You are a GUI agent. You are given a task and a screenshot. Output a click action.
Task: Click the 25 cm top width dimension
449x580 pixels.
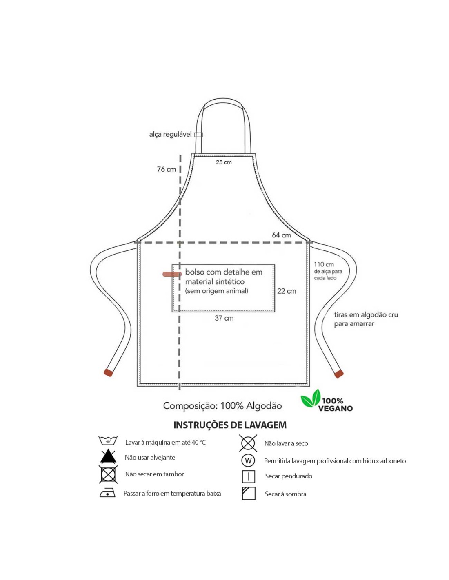224,162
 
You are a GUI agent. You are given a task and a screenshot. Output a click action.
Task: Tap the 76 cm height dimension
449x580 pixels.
166,169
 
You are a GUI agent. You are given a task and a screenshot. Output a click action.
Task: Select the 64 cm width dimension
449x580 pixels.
281,235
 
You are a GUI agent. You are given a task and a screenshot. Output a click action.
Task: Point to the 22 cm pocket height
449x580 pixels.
287,291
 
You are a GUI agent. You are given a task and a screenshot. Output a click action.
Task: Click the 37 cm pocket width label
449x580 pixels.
224,318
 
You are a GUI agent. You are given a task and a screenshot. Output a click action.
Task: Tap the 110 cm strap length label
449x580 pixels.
324,264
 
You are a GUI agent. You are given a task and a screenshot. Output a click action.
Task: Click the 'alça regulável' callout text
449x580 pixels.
170,134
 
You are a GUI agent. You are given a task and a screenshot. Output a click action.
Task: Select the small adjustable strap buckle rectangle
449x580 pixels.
198,135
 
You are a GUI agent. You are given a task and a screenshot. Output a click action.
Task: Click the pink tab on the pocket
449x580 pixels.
172,274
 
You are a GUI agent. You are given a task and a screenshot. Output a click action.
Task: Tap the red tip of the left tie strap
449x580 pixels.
108,372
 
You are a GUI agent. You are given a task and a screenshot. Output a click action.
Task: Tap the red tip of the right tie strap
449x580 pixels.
339,374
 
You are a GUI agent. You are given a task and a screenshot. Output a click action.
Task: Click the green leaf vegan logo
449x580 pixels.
311,398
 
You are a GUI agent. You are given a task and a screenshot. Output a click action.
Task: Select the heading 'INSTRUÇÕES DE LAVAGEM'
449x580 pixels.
230,425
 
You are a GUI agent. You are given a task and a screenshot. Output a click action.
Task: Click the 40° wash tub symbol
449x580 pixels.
108,441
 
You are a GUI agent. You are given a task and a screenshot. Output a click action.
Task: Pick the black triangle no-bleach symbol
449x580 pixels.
108,456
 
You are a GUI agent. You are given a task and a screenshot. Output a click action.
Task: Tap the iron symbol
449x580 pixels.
107,493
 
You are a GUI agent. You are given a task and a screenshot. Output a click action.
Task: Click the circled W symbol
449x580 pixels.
248,460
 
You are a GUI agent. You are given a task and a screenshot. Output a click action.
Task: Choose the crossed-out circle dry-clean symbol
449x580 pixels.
248,443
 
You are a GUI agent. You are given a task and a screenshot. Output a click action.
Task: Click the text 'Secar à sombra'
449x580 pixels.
285,494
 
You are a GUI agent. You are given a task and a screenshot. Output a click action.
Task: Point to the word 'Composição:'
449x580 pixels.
190,406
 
